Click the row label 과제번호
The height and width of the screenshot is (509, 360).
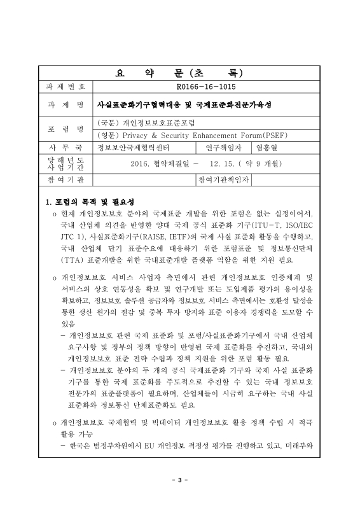(x=66, y=85)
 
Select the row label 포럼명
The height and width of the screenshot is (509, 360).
(x=66, y=128)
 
